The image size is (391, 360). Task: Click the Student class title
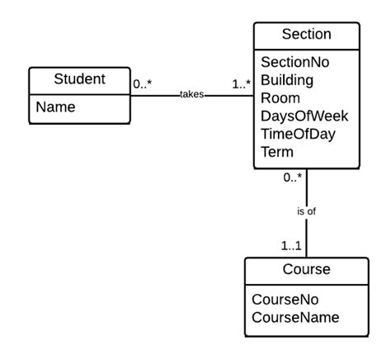click(79, 79)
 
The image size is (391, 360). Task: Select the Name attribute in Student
click(54, 107)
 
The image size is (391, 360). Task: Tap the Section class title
click(306, 34)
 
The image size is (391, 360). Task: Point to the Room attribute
click(280, 98)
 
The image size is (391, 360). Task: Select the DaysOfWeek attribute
click(303, 116)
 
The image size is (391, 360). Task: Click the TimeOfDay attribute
click(298, 135)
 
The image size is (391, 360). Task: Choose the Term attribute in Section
click(277, 153)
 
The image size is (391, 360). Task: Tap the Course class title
click(306, 269)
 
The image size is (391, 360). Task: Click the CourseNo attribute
click(285, 299)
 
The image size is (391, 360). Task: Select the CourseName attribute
click(295, 317)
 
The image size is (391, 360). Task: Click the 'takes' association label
click(192, 95)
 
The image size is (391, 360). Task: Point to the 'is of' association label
click(306, 211)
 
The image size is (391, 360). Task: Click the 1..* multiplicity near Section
click(241, 83)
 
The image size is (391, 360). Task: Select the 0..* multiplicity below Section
click(292, 177)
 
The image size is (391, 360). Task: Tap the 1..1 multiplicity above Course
click(292, 245)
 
